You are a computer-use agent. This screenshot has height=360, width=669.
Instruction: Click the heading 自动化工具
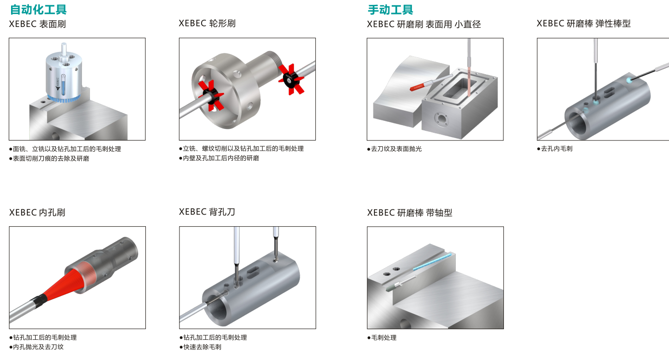38,9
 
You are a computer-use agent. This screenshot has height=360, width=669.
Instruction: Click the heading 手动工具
390,9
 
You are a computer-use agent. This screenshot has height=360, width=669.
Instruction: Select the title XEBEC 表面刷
38,24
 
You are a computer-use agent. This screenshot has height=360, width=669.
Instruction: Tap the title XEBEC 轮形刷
207,23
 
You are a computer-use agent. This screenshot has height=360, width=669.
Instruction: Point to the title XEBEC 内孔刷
37,212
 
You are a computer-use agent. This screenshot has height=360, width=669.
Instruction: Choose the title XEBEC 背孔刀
207,212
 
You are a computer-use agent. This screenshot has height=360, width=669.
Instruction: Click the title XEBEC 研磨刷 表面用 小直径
424,24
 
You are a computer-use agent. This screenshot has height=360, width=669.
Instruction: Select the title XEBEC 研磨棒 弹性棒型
583,23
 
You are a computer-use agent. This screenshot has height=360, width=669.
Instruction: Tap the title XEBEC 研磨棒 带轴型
410,212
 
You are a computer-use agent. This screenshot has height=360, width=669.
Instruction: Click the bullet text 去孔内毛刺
556,149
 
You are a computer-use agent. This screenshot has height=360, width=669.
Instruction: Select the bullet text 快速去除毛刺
202,347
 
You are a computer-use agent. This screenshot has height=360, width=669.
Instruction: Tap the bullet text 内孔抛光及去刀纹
38,347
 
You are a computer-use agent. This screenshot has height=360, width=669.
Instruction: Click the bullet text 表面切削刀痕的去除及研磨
51,158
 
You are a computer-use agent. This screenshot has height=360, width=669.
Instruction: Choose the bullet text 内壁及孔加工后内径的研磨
221,158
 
